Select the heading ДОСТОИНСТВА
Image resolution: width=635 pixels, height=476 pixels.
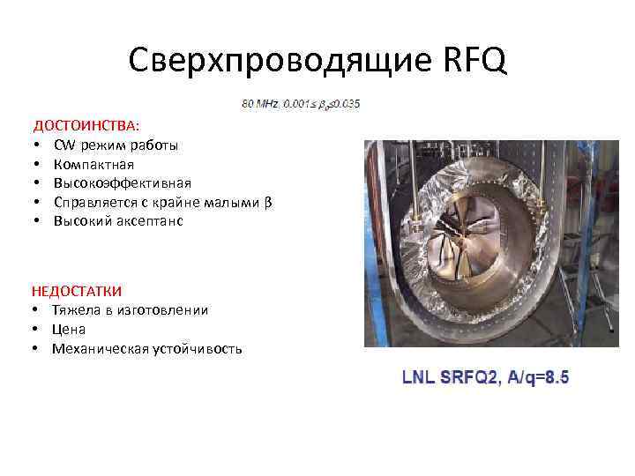86,126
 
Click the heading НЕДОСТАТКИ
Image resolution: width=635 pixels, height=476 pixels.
77,290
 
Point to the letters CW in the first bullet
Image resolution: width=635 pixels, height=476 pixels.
63,145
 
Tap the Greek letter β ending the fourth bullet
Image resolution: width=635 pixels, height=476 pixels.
267,203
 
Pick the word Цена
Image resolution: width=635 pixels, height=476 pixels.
69,329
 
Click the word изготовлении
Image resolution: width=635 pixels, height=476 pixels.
165,309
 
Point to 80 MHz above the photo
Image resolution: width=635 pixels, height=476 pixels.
260,104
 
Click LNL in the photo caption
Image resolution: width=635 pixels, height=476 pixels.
417,377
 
